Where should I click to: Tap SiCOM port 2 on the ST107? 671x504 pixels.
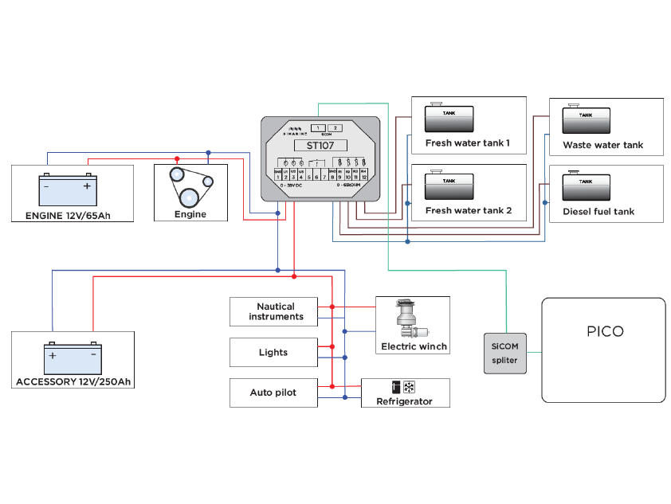coord(335,127)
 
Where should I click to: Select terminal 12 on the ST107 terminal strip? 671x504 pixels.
coord(363,176)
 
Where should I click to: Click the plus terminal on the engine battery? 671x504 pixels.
coord(87,186)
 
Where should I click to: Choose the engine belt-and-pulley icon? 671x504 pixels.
coord(190,187)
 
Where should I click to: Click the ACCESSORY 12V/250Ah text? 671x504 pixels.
coord(73,382)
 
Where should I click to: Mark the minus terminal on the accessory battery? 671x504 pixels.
coord(93,354)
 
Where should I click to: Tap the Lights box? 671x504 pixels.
coord(273,352)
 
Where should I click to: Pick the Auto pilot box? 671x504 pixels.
coord(273,393)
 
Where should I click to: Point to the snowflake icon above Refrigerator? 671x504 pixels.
coord(410,388)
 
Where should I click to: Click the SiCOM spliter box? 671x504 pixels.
coord(504,353)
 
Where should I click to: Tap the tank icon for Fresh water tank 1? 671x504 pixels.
coord(448,119)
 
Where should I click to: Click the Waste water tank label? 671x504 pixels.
coord(602,145)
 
